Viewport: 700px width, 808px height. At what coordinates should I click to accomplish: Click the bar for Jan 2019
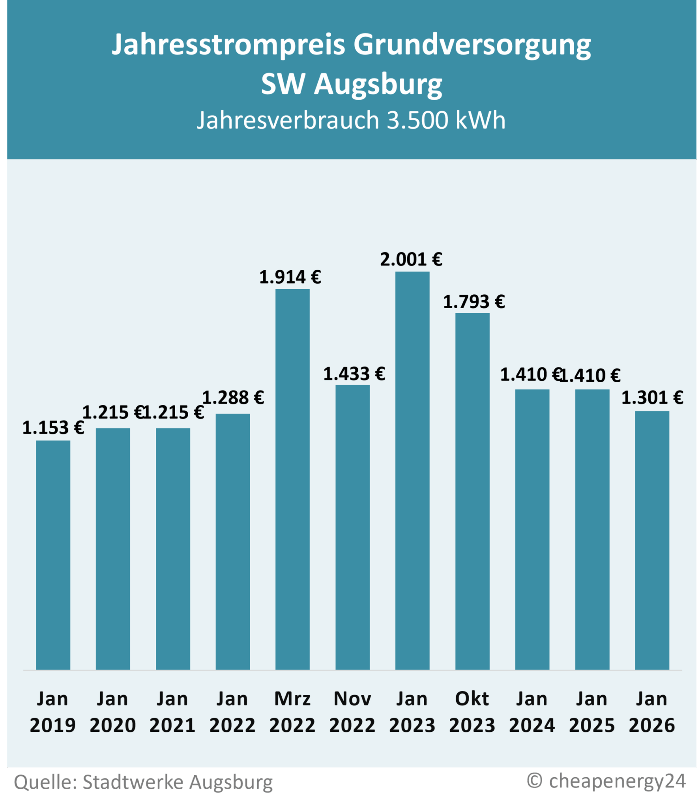(53, 554)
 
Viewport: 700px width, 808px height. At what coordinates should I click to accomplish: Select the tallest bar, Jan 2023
(412, 470)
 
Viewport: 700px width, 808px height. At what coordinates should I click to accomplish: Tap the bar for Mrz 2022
(292, 479)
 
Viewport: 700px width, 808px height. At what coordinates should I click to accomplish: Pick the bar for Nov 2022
(352, 527)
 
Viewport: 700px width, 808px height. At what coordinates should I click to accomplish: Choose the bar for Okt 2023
(472, 491)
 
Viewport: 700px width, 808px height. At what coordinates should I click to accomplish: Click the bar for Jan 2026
(652, 540)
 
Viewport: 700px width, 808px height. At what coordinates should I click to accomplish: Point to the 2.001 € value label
(411, 260)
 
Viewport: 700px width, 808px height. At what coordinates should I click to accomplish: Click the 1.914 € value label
(290, 277)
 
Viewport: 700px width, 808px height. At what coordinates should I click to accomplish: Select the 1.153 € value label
(53, 428)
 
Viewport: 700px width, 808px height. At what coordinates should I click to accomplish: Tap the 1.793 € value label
(474, 302)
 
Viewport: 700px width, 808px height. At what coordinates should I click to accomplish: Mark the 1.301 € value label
(652, 398)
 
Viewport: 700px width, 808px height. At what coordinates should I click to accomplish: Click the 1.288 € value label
(233, 398)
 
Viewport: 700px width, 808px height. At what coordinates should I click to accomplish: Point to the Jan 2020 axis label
(112, 712)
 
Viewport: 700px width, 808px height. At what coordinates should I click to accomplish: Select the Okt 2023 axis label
(472, 712)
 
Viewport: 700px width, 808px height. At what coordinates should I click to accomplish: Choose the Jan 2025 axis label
(592, 712)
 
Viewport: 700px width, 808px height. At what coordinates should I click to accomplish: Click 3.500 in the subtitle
(417, 120)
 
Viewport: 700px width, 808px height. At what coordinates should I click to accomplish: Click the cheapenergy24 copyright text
(617, 780)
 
